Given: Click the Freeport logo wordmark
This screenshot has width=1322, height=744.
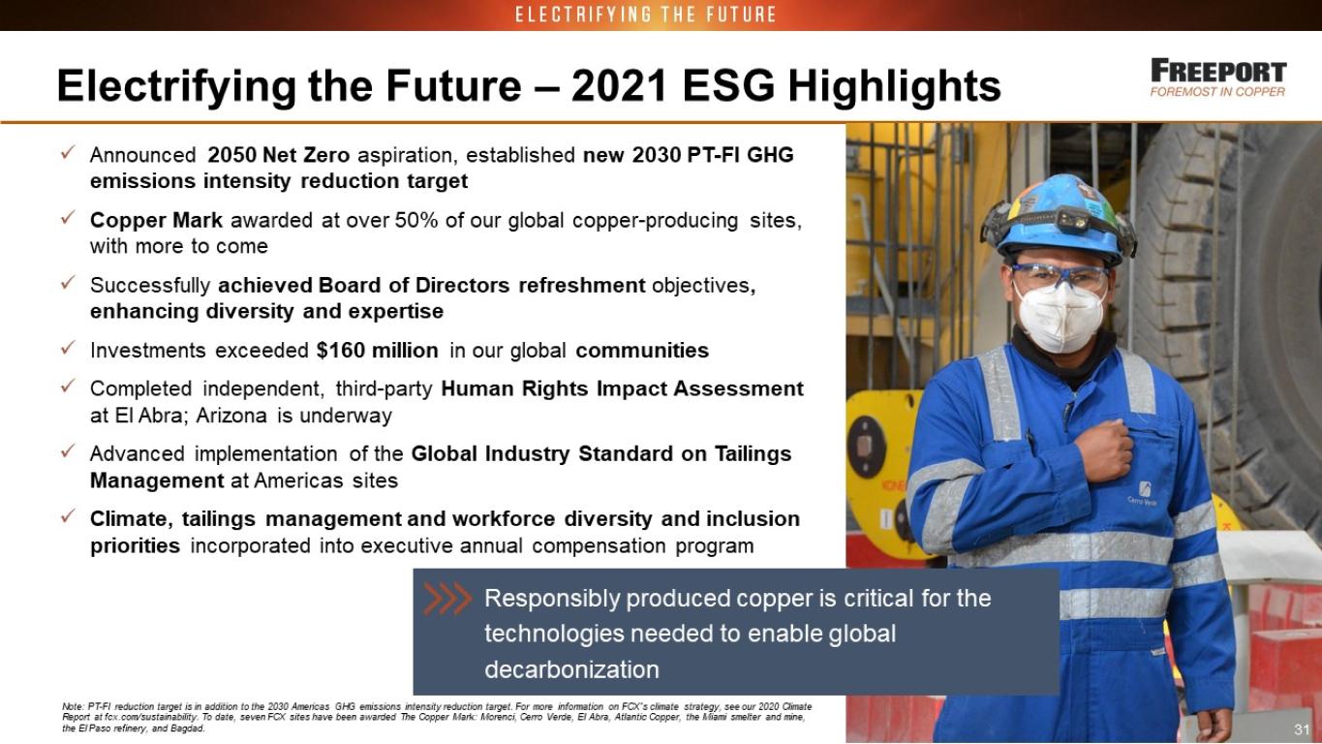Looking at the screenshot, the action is [x=1218, y=72].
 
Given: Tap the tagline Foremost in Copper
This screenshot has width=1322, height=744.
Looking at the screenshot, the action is [x=1217, y=92].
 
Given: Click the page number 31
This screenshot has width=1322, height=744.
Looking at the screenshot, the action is [x=1302, y=729].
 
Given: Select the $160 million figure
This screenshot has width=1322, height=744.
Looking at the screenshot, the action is [x=377, y=351].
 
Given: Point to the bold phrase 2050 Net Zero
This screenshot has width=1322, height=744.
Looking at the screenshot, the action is [x=279, y=155].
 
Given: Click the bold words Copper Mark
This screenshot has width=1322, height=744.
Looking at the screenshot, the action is [x=156, y=221].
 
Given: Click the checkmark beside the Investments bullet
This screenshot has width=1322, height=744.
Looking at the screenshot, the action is [x=67, y=347].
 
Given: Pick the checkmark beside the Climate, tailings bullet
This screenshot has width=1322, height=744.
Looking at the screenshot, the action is [x=67, y=516].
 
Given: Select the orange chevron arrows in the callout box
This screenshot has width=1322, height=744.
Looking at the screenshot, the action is [x=447, y=599].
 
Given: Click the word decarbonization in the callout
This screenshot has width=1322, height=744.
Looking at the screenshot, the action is [x=571, y=670].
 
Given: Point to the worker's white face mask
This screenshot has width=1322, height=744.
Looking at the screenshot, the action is [x=1060, y=319].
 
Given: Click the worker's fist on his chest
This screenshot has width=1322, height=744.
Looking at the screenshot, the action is [x=1104, y=451].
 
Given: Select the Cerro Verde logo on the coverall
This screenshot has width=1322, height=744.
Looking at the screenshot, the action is [x=1143, y=494].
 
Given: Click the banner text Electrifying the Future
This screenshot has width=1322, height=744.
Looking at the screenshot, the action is [x=646, y=15].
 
